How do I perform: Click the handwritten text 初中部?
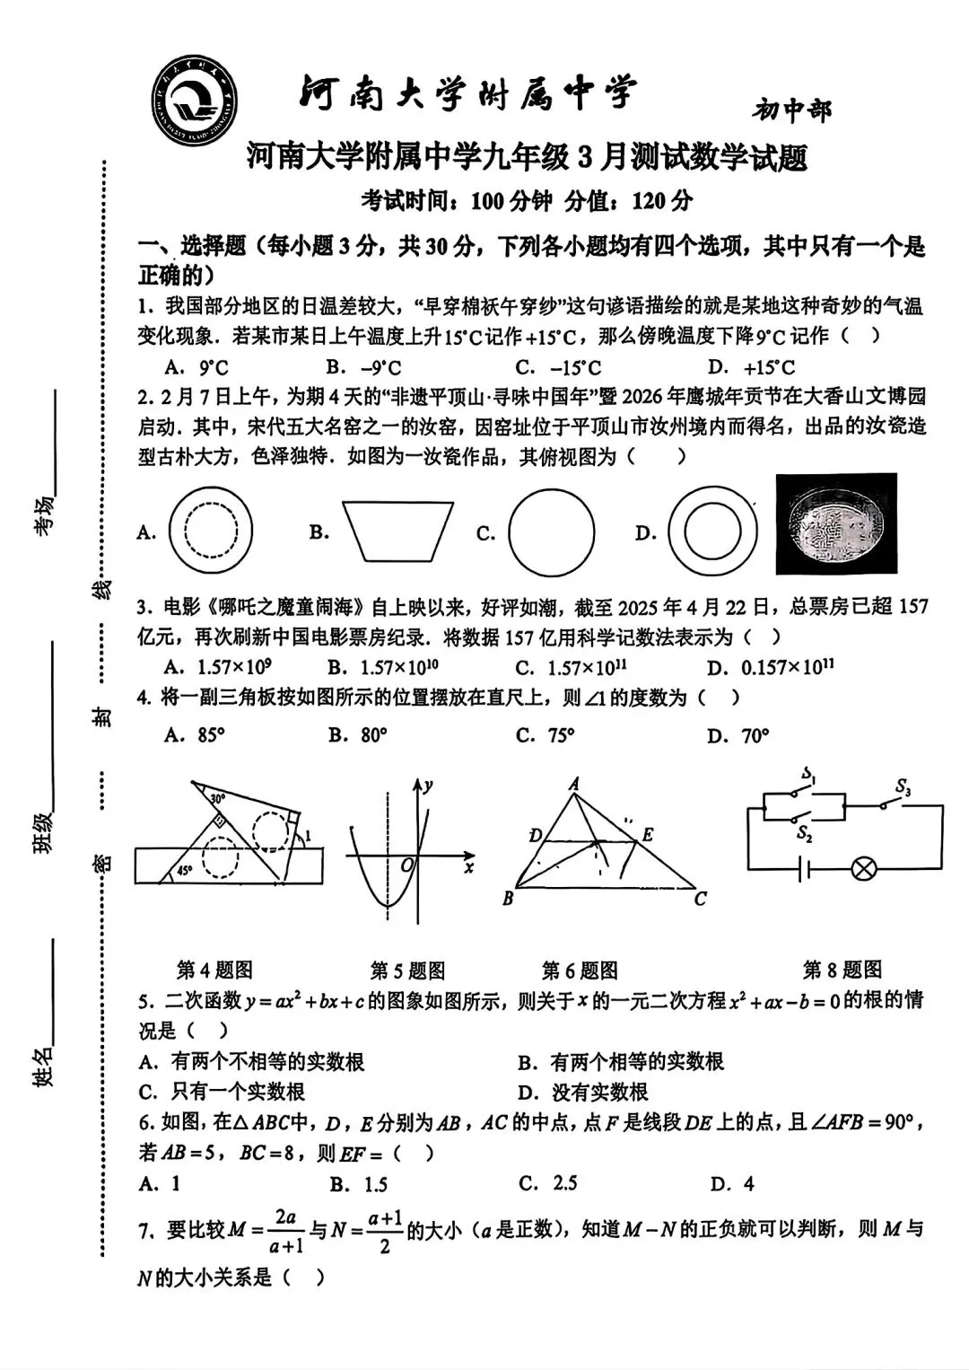point(791,110)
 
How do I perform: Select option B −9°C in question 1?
point(364,367)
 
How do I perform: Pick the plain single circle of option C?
point(551,532)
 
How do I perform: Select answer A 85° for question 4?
point(195,735)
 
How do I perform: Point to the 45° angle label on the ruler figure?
point(184,870)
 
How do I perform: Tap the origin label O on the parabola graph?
point(406,865)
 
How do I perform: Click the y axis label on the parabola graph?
point(429,786)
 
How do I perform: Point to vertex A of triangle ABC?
point(574,784)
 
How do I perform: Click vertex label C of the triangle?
point(700,898)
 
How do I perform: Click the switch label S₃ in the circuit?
point(903,788)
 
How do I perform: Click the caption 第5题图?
point(407,970)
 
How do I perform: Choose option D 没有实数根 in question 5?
point(582,1092)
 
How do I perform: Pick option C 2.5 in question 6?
point(548,1183)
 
